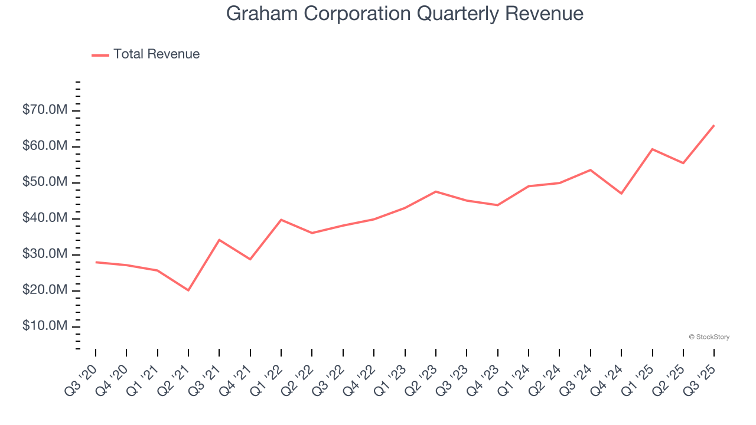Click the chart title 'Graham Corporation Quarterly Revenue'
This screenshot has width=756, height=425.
(x=405, y=14)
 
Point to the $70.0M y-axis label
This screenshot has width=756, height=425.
(x=45, y=110)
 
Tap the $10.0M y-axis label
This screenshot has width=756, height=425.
(x=45, y=326)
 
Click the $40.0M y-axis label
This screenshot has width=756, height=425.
(x=45, y=218)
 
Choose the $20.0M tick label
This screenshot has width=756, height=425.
(x=45, y=290)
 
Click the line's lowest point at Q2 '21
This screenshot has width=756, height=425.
(x=188, y=290)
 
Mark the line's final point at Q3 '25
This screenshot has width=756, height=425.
(x=714, y=125)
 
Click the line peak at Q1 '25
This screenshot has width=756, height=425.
(x=652, y=149)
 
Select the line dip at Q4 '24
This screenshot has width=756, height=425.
(x=621, y=194)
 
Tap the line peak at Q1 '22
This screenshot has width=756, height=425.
(x=281, y=220)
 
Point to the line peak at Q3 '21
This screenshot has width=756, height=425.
(x=219, y=240)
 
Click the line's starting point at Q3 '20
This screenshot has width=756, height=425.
(x=96, y=262)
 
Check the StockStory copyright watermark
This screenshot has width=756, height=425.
(x=709, y=337)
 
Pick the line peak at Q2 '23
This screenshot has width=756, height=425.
(x=436, y=191)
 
